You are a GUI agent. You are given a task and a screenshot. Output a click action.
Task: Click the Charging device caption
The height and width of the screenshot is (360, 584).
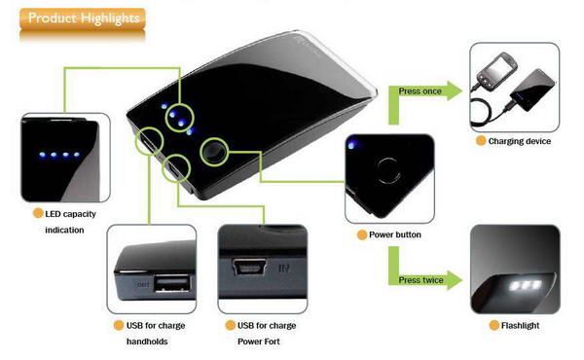click(x=519, y=141)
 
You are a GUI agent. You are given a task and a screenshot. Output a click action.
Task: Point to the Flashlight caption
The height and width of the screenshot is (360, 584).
click(x=520, y=326)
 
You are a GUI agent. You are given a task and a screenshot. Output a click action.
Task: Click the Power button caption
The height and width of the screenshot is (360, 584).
click(x=395, y=234)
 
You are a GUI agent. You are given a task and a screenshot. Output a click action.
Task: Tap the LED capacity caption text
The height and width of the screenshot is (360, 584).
click(x=70, y=214)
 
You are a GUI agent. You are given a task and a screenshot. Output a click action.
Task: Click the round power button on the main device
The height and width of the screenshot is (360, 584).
click(x=214, y=151)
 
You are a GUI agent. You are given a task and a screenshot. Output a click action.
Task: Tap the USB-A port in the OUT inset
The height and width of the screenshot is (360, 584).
click(x=172, y=283)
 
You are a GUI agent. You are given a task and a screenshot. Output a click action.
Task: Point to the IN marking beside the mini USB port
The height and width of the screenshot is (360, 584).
click(x=284, y=268)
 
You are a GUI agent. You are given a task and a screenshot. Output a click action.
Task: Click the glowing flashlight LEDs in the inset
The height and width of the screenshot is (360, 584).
click(x=526, y=286)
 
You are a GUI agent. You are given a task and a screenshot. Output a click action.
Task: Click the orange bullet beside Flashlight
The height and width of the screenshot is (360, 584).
click(x=493, y=325)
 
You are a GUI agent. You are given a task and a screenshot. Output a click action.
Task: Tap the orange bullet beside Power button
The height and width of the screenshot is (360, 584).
click(x=362, y=234)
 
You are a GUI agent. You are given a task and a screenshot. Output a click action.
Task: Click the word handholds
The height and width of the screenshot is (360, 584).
click(x=147, y=342)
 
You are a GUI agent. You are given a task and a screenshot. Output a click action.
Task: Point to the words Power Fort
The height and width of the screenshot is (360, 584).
click(x=259, y=342)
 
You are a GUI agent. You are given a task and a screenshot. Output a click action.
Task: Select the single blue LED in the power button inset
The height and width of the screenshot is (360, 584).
click(x=351, y=145)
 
